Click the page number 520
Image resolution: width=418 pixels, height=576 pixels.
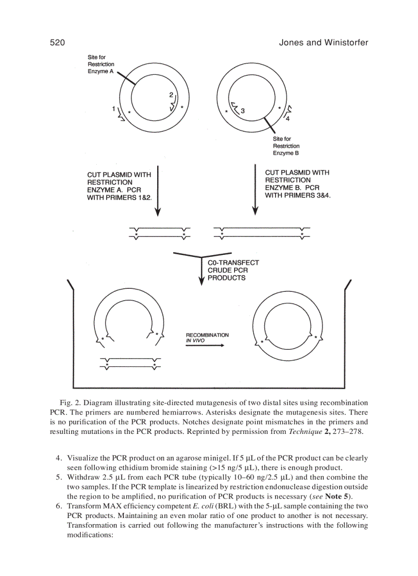click(x=57, y=43)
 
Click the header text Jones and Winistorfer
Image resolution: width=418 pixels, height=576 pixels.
click(x=323, y=43)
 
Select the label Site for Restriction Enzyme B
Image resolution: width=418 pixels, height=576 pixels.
click(x=286, y=146)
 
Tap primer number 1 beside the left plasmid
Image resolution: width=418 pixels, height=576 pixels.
click(x=113, y=108)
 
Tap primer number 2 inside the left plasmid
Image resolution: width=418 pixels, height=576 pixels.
click(x=171, y=95)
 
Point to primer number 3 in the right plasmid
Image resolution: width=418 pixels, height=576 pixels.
click(x=243, y=110)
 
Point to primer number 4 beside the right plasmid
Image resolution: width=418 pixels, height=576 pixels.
click(x=287, y=118)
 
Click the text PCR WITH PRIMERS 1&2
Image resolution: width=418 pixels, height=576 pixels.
click(x=119, y=197)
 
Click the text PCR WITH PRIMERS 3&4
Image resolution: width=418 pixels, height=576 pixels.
click(x=298, y=195)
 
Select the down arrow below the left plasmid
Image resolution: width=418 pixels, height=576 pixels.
click(x=158, y=190)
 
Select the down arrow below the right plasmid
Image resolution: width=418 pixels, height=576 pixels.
click(x=255, y=190)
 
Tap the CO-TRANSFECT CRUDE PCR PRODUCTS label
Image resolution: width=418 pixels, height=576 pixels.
click(x=233, y=270)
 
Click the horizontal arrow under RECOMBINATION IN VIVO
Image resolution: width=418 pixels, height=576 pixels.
click(x=205, y=345)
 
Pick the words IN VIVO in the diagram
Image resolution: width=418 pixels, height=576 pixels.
click(x=195, y=340)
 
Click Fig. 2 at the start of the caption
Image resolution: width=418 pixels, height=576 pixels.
click(x=70, y=403)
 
